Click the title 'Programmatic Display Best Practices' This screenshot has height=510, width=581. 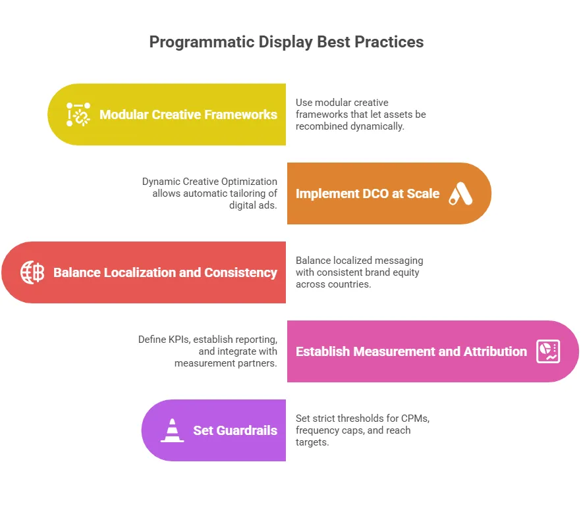287,42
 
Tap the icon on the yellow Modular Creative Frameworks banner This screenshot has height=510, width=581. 78,115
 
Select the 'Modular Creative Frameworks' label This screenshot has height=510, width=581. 188,115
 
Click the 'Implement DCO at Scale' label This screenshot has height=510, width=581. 367,193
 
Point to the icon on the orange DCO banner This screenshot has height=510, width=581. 460,193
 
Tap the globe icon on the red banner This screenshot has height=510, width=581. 32,272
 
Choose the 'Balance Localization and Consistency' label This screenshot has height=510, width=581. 165,272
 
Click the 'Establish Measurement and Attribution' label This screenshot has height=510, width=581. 411,351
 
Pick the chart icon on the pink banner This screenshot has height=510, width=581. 548,351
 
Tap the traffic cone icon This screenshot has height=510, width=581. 173,430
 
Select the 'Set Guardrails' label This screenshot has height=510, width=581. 235,430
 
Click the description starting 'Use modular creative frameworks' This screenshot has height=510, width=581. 360,114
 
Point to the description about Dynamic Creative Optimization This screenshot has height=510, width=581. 209,193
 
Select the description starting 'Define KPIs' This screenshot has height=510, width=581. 207,351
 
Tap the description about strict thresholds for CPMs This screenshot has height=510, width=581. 362,430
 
